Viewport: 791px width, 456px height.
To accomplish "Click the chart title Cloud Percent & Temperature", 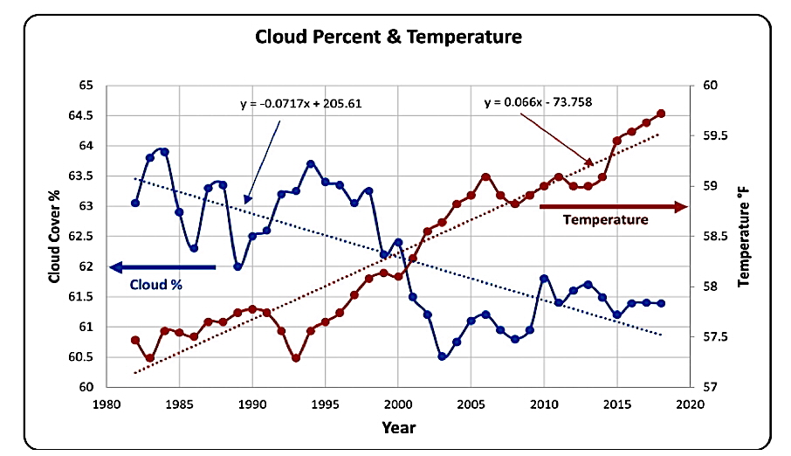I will (x=388, y=38).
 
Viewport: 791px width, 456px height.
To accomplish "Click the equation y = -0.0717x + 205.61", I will (x=300, y=103).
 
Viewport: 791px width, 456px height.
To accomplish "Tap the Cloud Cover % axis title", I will (x=54, y=236).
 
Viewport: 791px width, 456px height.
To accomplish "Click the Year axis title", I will (x=397, y=427).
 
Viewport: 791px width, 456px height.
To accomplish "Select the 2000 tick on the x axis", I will (x=397, y=404).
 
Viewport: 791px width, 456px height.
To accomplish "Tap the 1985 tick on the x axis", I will (x=179, y=404).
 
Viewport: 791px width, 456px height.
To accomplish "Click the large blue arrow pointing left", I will (x=162, y=266).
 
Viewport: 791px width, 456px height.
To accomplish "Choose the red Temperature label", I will (x=605, y=220).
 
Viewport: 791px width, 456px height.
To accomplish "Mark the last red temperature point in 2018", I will (x=661, y=114).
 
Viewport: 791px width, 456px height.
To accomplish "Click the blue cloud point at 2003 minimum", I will (x=443, y=356).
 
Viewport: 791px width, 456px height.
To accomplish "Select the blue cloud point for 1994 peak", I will (x=311, y=164).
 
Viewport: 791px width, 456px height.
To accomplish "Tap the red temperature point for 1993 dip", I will (x=296, y=358).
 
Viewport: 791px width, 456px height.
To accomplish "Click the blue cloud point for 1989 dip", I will (x=237, y=266).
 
